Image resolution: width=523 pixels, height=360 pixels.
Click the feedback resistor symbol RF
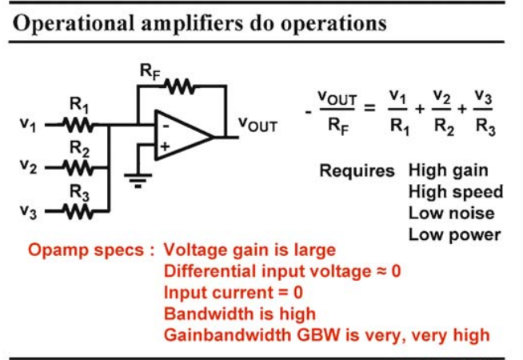click(180, 86)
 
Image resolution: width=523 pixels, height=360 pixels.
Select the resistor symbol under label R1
click(78, 126)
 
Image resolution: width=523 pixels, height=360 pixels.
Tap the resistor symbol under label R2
click(78, 168)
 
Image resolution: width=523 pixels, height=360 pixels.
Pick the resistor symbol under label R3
click(78, 211)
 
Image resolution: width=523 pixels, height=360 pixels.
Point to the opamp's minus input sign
click(166, 126)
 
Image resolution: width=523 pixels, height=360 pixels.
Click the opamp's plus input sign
click(165, 146)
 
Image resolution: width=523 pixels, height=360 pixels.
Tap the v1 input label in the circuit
click(28, 125)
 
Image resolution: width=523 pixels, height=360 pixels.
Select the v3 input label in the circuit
click(28, 211)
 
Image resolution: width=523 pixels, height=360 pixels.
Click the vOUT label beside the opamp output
click(258, 125)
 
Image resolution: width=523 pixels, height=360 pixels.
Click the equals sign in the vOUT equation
click(369, 108)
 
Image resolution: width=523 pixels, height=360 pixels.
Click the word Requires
click(357, 171)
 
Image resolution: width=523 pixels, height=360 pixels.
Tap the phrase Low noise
click(451, 213)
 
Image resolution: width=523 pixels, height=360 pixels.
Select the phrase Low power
click(454, 235)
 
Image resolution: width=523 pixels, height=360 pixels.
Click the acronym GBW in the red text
click(319, 335)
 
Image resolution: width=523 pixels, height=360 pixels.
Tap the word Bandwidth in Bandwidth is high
click(208, 314)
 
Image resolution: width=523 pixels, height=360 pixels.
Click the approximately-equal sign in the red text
click(382, 271)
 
